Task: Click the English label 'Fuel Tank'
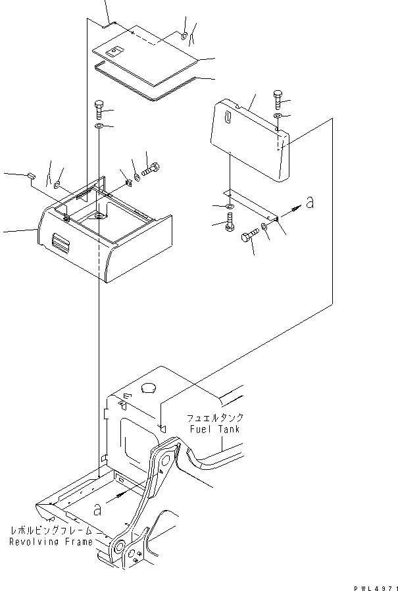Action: click(x=215, y=428)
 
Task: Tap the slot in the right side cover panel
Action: click(x=227, y=119)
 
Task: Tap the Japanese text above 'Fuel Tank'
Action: click(x=215, y=418)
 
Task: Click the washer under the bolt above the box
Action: click(x=99, y=125)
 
